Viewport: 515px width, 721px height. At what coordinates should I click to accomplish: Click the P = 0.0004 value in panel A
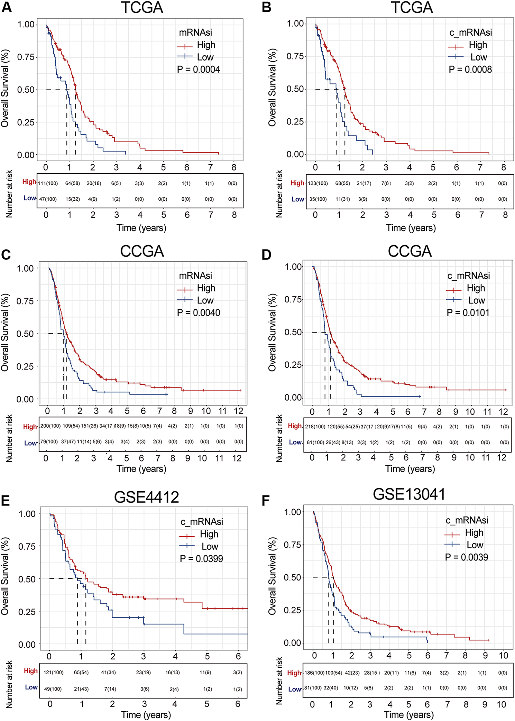(198, 70)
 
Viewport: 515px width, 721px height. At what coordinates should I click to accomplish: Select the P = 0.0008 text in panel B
(470, 70)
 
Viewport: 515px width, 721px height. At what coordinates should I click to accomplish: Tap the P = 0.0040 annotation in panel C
(198, 313)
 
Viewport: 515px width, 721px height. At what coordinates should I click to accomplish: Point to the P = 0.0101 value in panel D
(468, 313)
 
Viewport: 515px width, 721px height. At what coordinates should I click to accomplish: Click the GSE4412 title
(146, 497)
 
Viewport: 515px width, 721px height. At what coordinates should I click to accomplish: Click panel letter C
(6, 255)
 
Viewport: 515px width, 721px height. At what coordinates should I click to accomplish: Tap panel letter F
(266, 501)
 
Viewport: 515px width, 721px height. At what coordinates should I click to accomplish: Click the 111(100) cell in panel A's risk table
(48, 183)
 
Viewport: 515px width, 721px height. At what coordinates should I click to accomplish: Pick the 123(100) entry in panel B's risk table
(318, 183)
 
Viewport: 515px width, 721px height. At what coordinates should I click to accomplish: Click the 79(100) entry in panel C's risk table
(49, 442)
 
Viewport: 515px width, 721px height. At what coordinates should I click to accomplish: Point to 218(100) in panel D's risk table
(315, 427)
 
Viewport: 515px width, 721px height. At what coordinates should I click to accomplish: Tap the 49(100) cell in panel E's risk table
(53, 689)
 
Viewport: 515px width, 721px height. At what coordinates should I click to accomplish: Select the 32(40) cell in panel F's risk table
(331, 688)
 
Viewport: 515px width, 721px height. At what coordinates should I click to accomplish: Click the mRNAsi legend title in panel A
(195, 33)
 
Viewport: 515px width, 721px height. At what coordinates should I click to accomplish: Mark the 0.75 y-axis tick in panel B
(295, 56)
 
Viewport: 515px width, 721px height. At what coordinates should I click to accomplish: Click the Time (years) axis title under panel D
(410, 469)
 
